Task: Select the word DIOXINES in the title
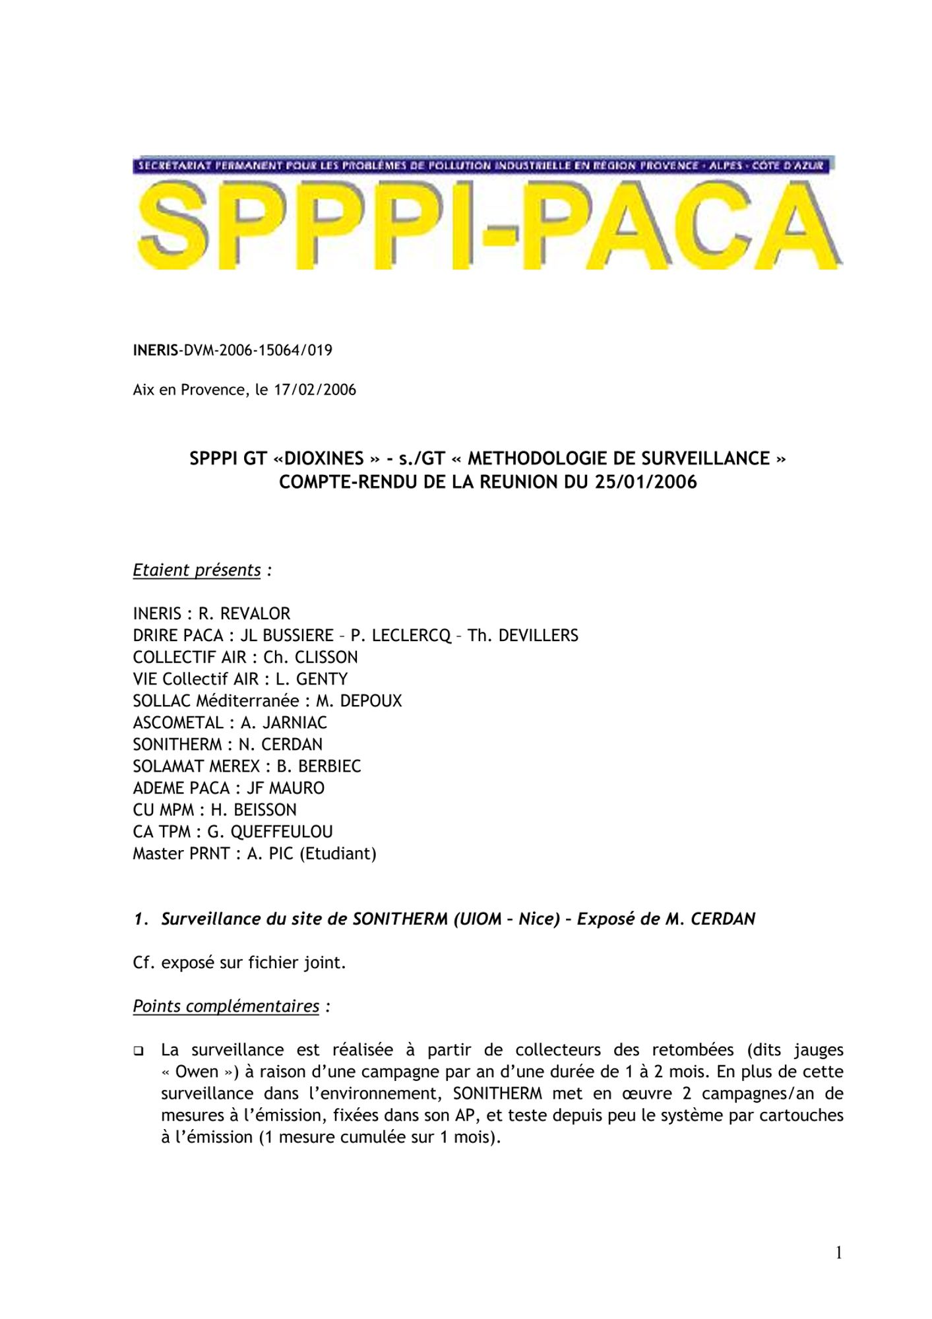(324, 458)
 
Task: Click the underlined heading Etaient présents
(197, 570)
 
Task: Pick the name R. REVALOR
(244, 614)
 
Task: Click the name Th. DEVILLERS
(522, 636)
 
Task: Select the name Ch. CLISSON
(310, 658)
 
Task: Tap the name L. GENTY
(311, 679)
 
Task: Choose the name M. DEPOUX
(358, 701)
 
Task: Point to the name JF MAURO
(285, 788)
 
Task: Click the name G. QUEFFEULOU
(270, 832)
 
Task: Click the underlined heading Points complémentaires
(226, 1006)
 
